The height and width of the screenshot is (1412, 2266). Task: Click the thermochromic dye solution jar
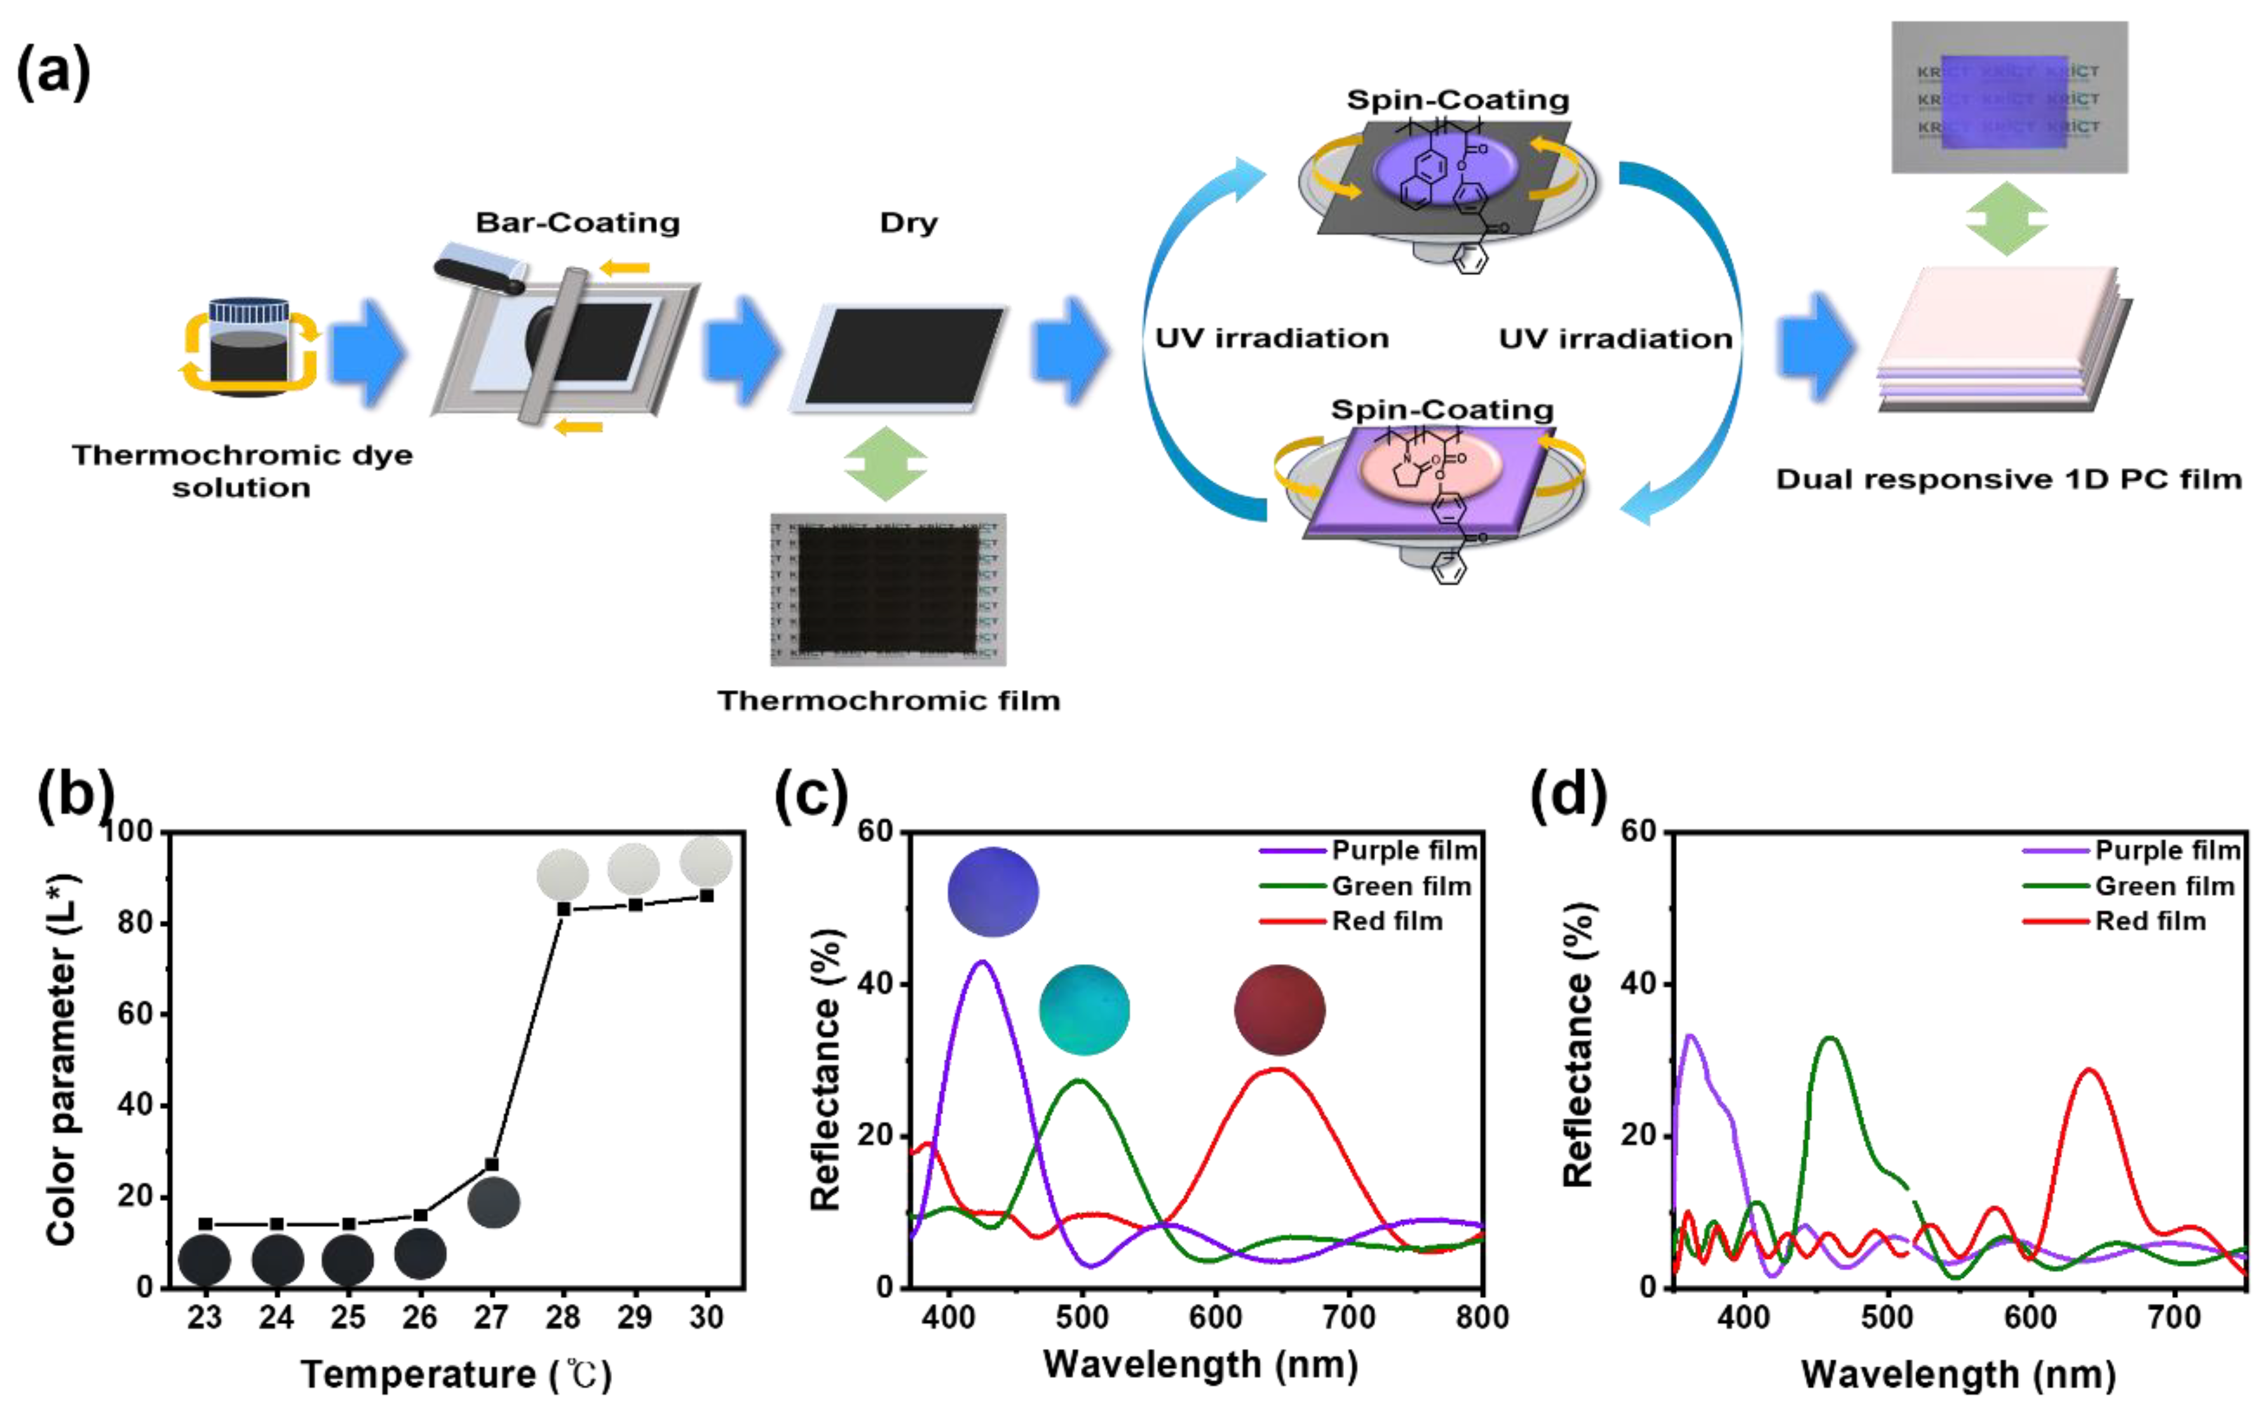click(248, 348)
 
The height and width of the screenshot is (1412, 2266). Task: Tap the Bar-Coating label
click(578, 223)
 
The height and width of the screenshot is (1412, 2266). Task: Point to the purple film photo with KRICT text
click(2009, 98)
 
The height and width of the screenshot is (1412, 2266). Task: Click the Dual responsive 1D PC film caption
click(2008, 480)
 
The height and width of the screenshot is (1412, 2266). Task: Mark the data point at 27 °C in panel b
click(492, 1165)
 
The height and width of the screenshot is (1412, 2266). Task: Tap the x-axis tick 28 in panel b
click(563, 1318)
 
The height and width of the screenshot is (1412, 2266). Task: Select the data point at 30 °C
click(707, 895)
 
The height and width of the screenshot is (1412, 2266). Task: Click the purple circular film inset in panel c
click(993, 892)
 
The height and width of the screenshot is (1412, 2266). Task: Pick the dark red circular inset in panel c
click(1279, 1010)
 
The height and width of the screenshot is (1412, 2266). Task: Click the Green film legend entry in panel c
click(1401, 886)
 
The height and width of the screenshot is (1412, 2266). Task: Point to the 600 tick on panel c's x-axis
click(1216, 1318)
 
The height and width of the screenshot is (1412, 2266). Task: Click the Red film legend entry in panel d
click(2150, 921)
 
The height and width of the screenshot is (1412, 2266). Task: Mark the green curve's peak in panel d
click(1831, 1038)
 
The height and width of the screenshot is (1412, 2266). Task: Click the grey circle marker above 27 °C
click(493, 1203)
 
